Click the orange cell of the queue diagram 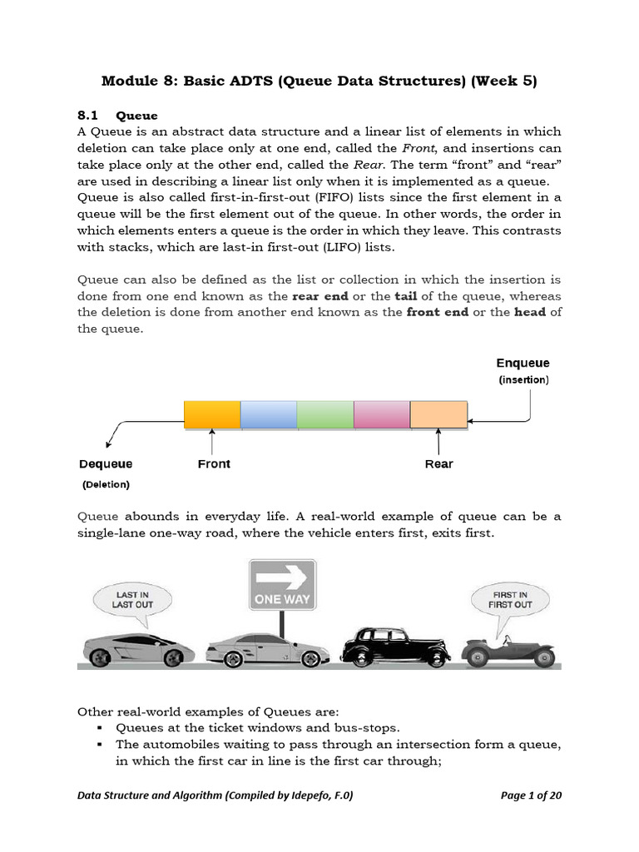[212, 414]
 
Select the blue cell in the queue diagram [269, 414]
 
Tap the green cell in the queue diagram [325, 414]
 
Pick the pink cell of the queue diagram [382, 414]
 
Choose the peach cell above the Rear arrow [438, 414]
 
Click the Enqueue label [523, 364]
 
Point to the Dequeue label [106, 464]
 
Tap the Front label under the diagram [214, 464]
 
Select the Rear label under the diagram [438, 464]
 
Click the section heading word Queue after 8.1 [136, 115]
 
